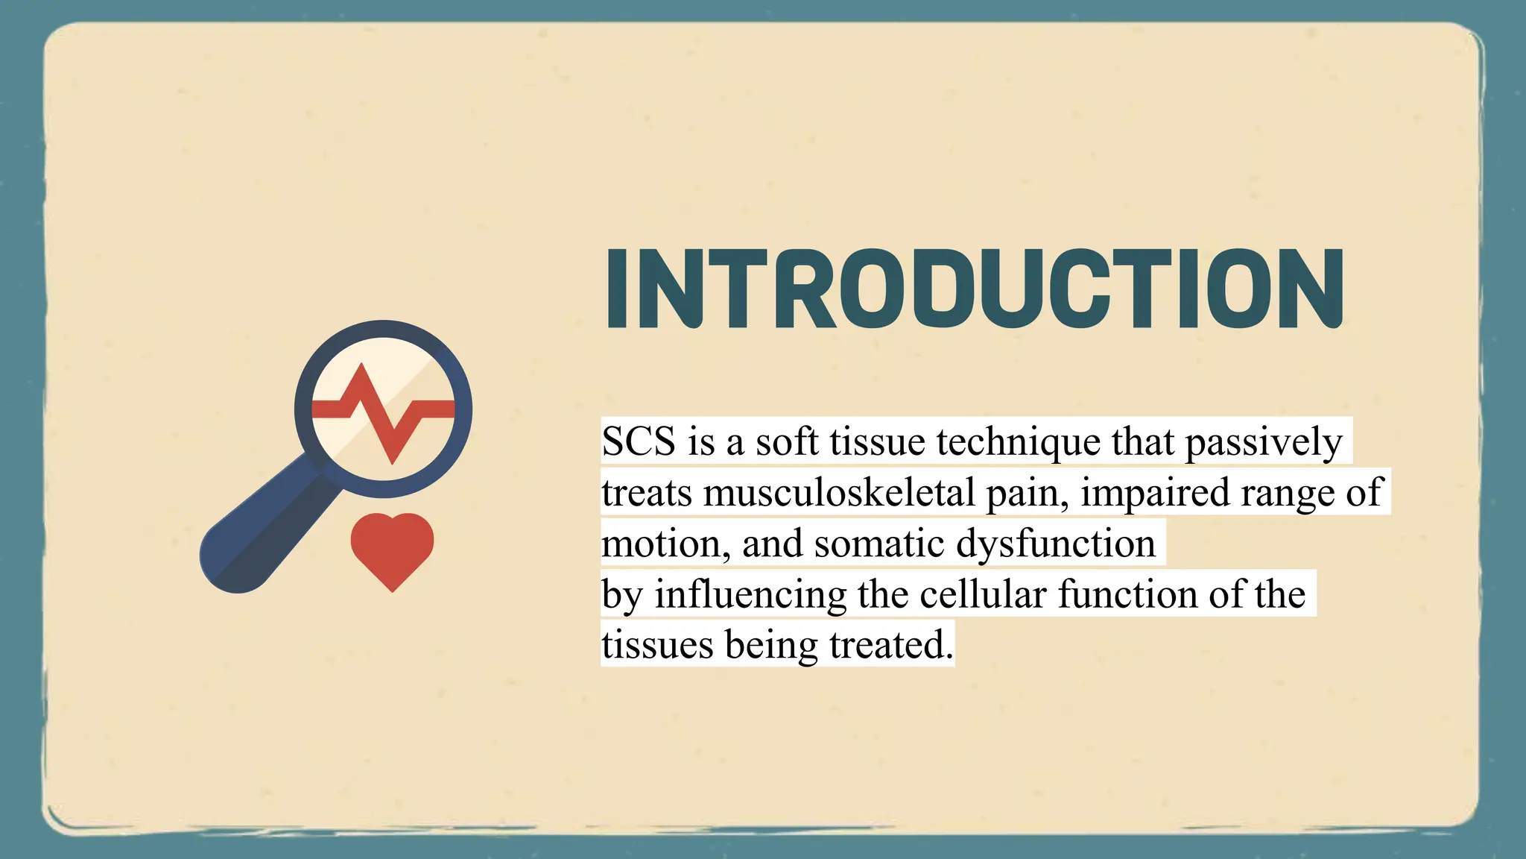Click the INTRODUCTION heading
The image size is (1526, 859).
[975, 289]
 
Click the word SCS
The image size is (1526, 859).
[639, 441]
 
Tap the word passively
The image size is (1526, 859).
[1263, 441]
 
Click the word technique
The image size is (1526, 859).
[1019, 441]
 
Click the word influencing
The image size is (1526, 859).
[750, 595]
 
